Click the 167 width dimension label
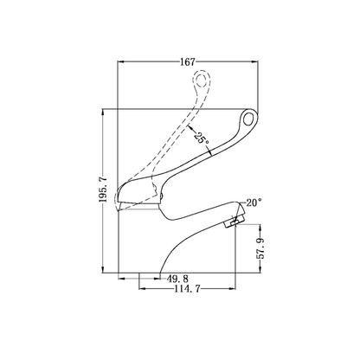coord(188,62)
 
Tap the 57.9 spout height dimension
coord(260,248)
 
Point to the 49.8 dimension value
coord(178,279)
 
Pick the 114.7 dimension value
coord(187,289)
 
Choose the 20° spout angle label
coord(254,202)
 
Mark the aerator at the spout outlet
coord(235,222)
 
